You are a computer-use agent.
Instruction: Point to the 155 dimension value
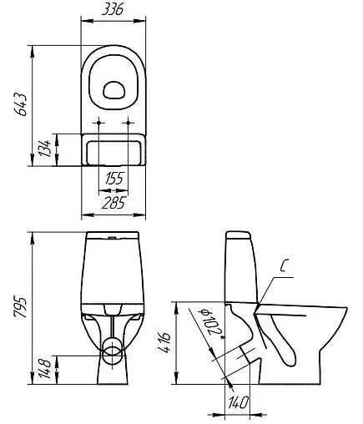point(115,177)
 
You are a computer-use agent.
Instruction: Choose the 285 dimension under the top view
point(115,201)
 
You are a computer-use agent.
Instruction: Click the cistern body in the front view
point(114,267)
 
